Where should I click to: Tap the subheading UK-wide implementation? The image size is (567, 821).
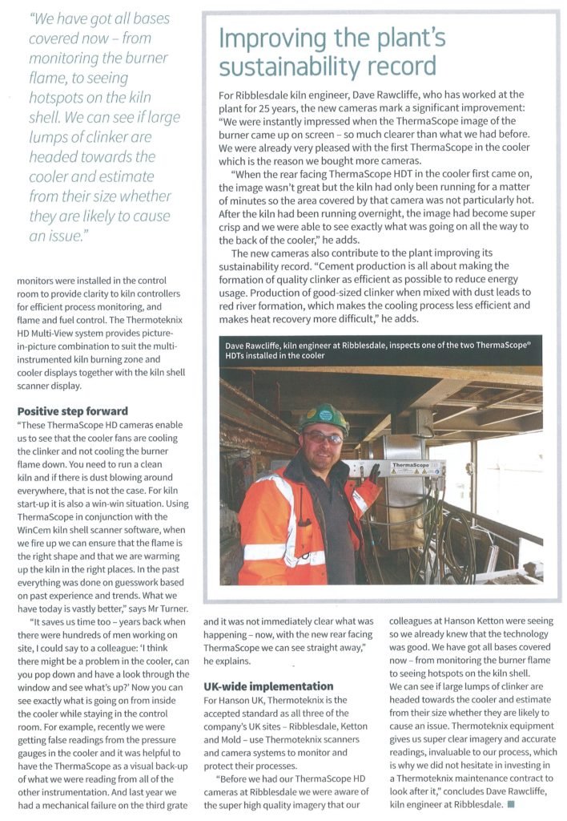pyautogui.click(x=257, y=686)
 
